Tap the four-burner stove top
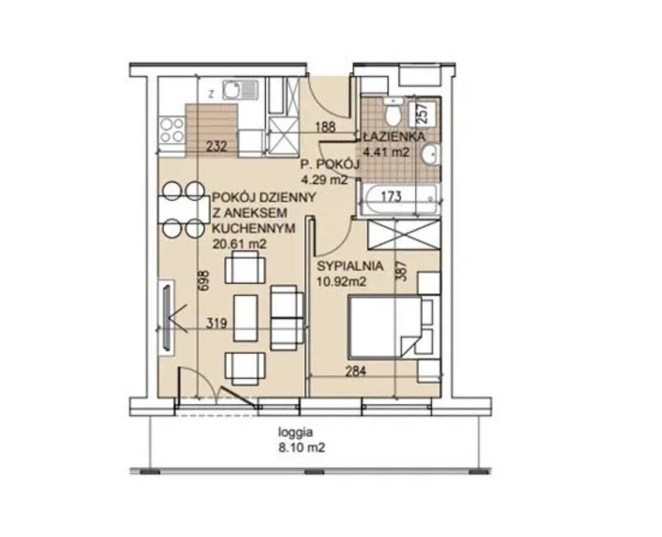[172, 130]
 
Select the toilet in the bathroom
[394, 111]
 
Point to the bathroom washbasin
[431, 154]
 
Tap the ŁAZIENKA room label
[393, 137]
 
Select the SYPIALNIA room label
[350, 266]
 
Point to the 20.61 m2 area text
[240, 244]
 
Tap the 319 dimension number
[216, 323]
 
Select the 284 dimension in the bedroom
[356, 372]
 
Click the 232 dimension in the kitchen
[216, 146]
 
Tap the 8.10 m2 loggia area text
[301, 448]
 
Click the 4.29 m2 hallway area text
[324, 180]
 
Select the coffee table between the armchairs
[246, 318]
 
